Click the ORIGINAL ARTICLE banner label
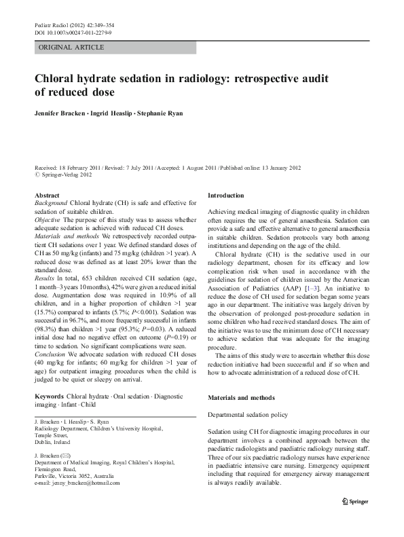pos(72,48)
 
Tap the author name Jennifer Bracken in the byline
pos(66,113)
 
